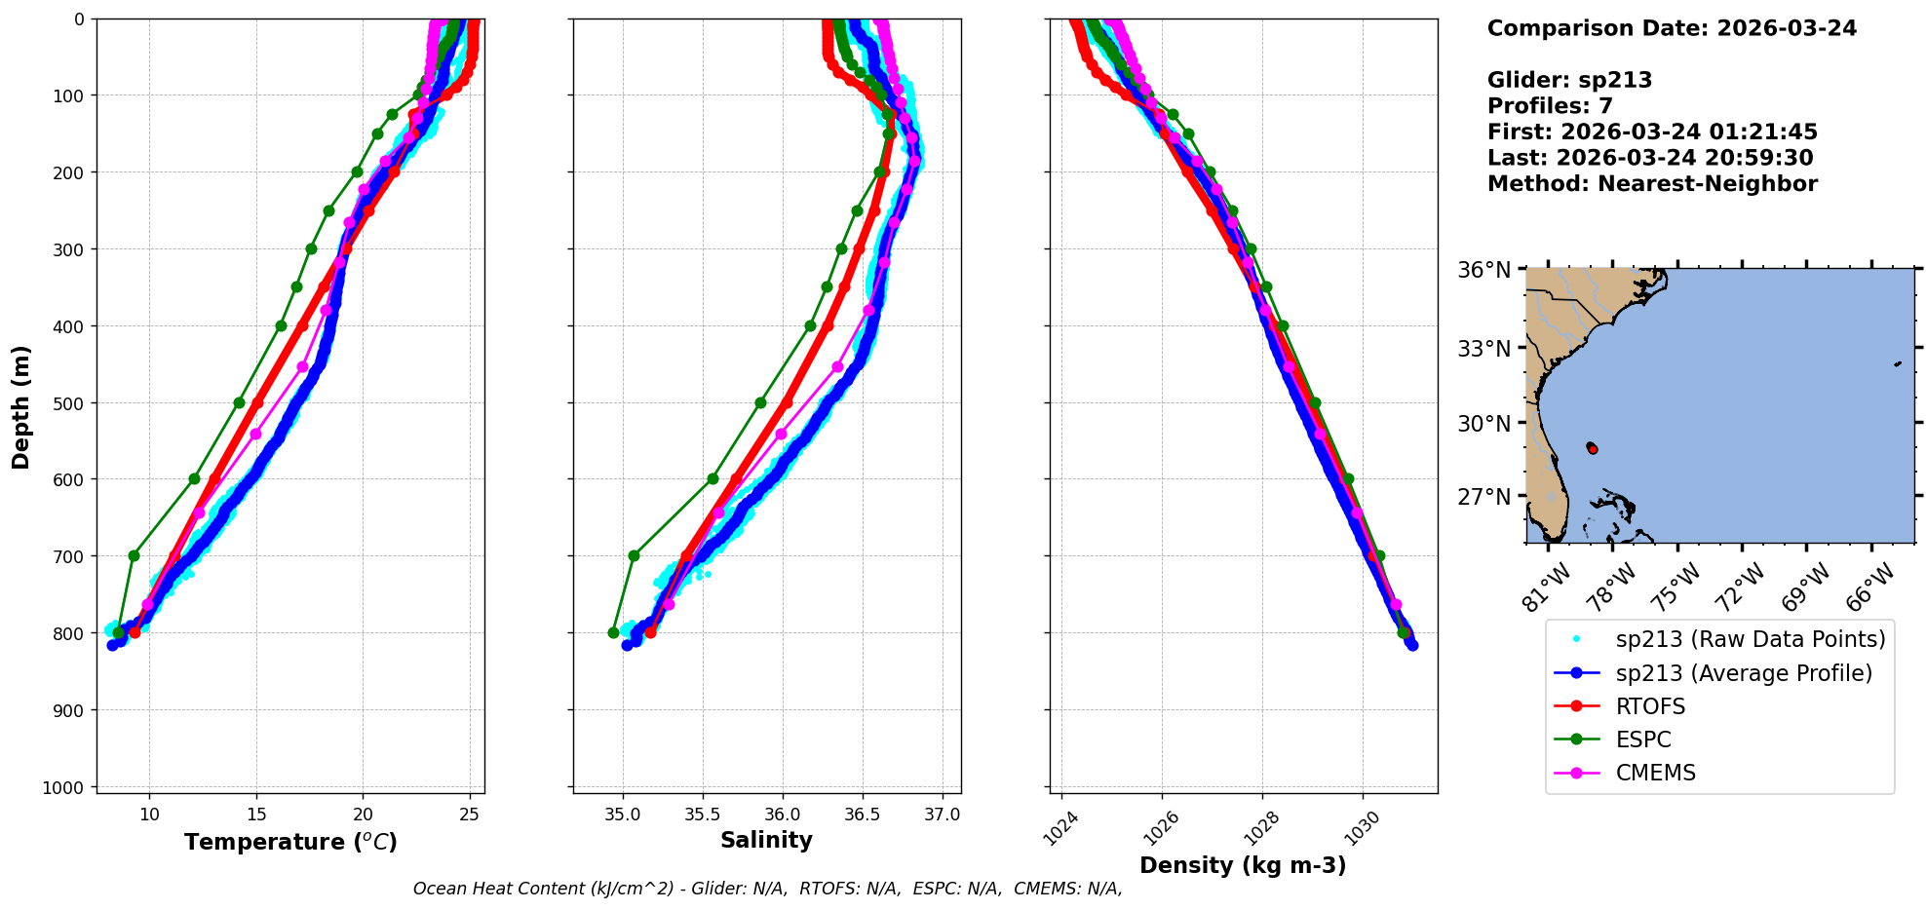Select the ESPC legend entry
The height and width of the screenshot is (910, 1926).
[x=1642, y=739]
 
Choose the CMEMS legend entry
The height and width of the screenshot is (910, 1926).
[x=1655, y=773]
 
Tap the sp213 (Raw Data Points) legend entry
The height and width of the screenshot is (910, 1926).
[x=1750, y=639]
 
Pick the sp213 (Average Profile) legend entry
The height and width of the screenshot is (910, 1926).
[x=1743, y=673]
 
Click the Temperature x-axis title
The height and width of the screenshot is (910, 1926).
[x=290, y=842]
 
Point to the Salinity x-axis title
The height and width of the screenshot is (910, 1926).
[x=766, y=840]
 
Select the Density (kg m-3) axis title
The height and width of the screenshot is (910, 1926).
[x=1243, y=865]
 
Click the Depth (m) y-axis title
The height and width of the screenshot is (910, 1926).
[x=21, y=406]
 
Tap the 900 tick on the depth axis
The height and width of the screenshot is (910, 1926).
[x=70, y=710]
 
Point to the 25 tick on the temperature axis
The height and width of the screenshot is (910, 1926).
[x=470, y=815]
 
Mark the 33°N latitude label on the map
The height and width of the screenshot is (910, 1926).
[x=1483, y=349]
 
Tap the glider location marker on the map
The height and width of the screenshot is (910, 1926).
[x=1592, y=448]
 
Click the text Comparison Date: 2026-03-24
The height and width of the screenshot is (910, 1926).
[x=1672, y=28]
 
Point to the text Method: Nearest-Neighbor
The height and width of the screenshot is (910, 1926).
[x=1652, y=184]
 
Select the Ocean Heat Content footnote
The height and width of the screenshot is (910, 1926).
[x=767, y=889]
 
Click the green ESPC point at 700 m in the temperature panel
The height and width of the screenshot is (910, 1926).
[x=134, y=556]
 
